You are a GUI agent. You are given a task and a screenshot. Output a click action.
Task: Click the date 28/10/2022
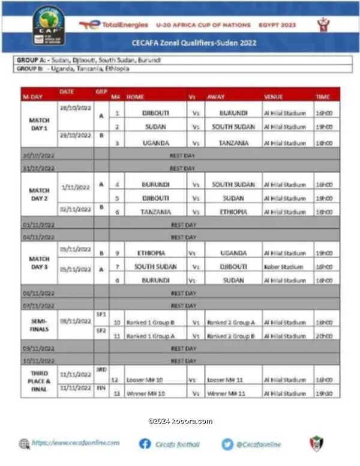point(76,106)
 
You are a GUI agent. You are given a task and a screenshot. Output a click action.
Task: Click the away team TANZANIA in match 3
point(233,143)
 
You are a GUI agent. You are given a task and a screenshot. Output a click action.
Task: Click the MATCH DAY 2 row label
point(39,194)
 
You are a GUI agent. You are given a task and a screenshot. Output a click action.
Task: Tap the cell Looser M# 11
point(224,380)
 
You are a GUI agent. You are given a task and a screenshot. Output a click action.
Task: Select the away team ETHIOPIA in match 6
point(233,212)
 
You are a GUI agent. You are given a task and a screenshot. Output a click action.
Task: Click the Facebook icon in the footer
point(145,444)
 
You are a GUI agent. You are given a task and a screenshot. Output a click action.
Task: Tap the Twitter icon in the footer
point(227,444)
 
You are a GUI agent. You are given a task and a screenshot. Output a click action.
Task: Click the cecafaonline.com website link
point(76,443)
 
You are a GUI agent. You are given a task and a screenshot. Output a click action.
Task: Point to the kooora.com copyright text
point(180,421)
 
